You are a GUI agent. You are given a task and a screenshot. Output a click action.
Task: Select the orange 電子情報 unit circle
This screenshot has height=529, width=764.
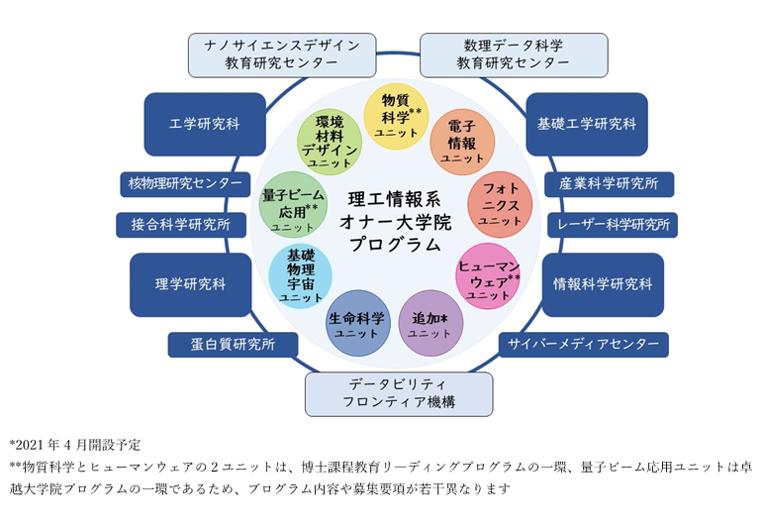462,142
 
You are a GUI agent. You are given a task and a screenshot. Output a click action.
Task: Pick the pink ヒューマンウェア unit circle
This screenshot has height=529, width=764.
489,274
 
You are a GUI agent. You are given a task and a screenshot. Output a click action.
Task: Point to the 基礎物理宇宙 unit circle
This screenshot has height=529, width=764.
300,274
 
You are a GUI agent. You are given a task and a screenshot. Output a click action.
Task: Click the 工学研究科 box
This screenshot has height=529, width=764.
204,125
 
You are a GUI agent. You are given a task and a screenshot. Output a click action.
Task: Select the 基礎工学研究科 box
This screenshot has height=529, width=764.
586,125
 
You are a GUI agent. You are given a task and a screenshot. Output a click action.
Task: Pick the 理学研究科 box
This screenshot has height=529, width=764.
190,284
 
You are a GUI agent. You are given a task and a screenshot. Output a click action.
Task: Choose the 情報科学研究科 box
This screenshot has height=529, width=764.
603,284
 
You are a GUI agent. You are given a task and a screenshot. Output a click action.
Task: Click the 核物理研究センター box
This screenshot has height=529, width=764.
185,183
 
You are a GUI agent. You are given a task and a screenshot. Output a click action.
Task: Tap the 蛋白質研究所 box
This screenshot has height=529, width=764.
233,344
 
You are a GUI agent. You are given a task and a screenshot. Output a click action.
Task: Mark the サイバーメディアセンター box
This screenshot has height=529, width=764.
583,344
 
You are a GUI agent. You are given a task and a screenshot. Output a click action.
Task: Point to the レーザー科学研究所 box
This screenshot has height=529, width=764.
612,225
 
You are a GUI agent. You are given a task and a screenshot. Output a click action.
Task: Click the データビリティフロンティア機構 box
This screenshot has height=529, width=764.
398,393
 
